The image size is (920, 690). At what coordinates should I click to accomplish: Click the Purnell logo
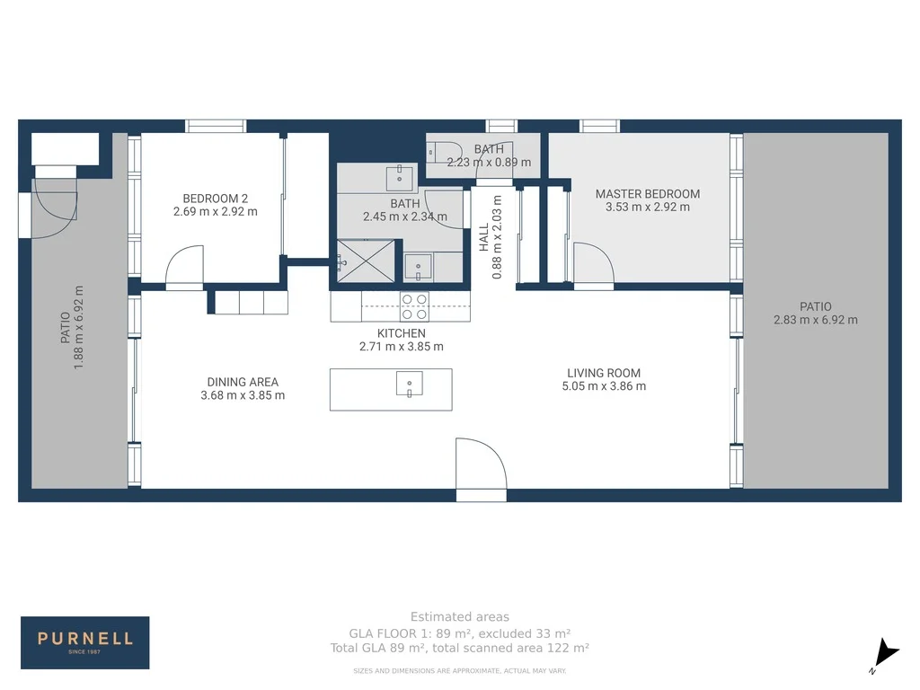click(x=85, y=641)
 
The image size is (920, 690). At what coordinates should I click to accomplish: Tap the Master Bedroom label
click(x=647, y=193)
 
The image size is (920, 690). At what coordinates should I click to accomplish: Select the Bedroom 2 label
click(x=215, y=199)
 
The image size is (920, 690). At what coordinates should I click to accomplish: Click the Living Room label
click(x=603, y=373)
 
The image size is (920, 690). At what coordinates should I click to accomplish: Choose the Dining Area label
click(x=242, y=382)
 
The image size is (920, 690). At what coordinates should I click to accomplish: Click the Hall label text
click(x=484, y=237)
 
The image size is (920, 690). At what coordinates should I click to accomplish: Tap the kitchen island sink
click(x=409, y=384)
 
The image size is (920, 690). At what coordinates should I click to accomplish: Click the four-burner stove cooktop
click(x=414, y=306)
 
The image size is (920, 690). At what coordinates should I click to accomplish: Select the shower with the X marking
click(x=364, y=261)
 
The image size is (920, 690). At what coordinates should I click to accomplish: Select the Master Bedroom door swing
click(x=593, y=265)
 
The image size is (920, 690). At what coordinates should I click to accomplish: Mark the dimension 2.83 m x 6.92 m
click(x=815, y=320)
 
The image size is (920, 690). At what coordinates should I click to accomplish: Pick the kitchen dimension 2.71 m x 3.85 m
click(x=401, y=347)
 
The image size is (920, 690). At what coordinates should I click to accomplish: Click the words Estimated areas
click(x=459, y=616)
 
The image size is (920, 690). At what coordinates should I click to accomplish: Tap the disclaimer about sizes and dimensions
click(x=459, y=671)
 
